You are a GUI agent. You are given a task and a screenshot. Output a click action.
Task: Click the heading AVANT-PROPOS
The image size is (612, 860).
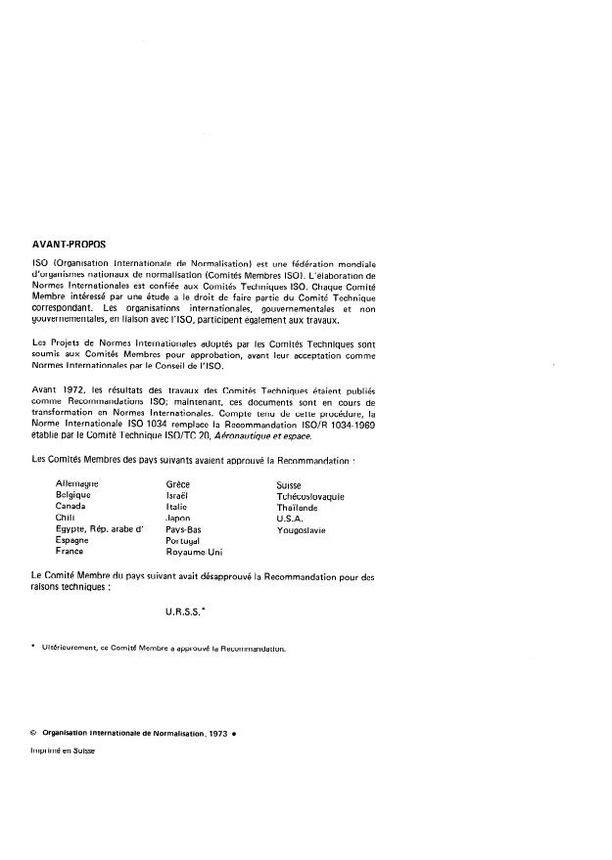(69, 246)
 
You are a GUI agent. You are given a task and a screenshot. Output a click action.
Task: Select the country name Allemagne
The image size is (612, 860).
(79, 484)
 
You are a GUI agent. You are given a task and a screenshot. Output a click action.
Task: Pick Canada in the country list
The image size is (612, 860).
(71, 507)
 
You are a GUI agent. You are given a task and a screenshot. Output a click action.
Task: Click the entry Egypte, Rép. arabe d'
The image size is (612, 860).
(101, 529)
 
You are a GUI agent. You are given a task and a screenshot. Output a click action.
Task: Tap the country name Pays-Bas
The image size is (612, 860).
(183, 529)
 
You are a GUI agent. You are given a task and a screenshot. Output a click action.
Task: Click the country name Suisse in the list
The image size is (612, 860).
(290, 484)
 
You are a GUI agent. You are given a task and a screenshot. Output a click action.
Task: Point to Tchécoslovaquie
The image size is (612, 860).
(310, 496)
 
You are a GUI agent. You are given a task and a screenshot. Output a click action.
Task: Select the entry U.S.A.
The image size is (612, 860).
(292, 518)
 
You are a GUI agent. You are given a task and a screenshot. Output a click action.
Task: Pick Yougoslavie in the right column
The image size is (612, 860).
(302, 529)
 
